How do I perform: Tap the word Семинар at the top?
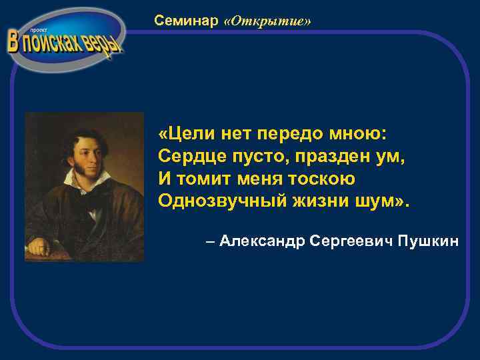[186, 21]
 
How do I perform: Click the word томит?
[200, 179]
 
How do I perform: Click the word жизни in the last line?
[317, 201]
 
